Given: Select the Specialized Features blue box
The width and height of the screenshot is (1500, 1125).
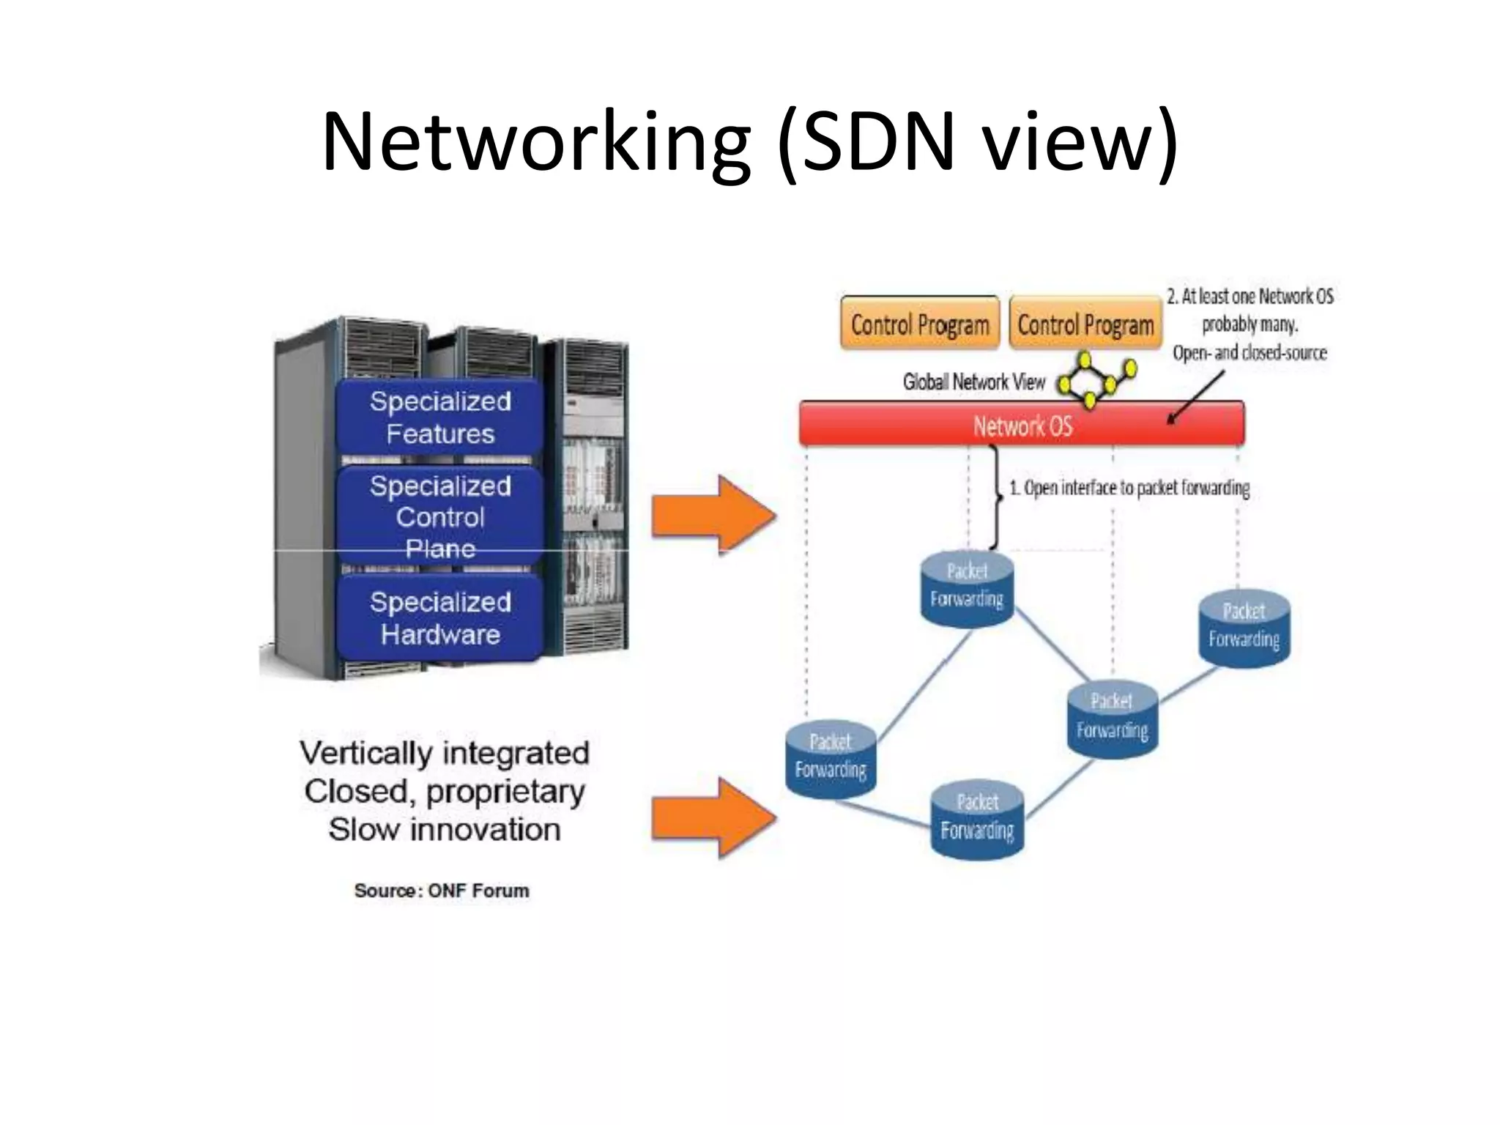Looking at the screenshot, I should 440,417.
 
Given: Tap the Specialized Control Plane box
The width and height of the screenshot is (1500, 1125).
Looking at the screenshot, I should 440,516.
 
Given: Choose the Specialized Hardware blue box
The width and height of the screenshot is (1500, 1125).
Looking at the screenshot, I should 440,618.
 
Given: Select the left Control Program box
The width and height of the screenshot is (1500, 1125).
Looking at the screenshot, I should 919,324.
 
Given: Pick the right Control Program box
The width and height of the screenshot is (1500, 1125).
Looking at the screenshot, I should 1085,324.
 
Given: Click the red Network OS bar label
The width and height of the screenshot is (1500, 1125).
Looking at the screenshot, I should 1022,426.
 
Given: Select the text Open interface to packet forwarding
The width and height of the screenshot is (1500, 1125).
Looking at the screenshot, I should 1129,488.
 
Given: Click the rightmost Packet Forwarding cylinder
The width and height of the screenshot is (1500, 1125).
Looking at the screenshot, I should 1244,628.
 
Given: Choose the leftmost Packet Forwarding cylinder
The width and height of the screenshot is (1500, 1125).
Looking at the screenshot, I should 831,759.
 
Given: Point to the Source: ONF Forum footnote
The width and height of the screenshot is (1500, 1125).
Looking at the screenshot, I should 441,891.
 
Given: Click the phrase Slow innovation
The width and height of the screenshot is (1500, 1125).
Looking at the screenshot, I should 444,830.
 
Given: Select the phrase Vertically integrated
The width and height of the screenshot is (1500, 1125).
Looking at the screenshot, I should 444,753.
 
